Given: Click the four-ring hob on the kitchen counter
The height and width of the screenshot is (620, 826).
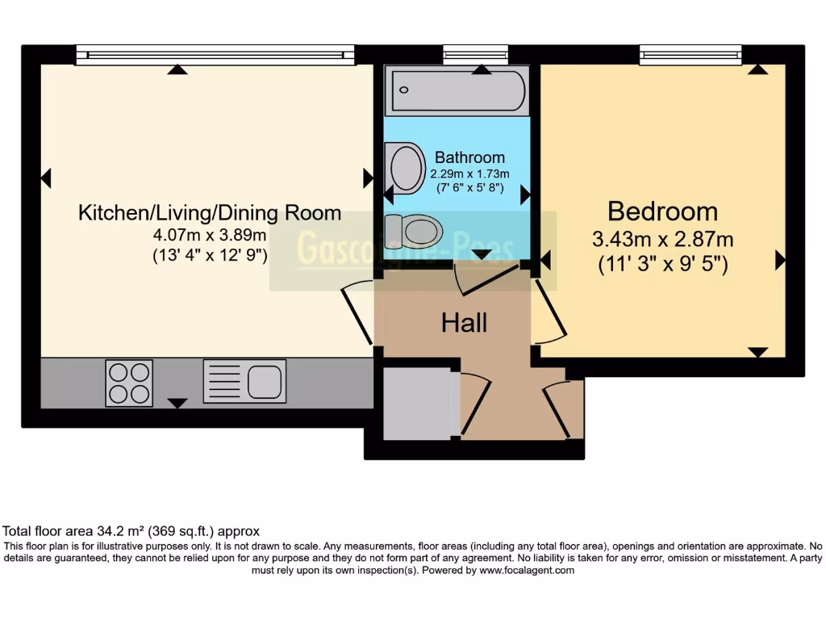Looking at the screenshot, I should pyautogui.click(x=129, y=383).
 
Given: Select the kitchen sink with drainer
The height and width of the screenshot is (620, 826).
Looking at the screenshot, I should pyautogui.click(x=244, y=382).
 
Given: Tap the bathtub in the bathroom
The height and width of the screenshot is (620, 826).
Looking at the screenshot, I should pyautogui.click(x=457, y=91).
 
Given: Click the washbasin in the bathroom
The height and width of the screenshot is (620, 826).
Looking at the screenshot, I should pyautogui.click(x=406, y=166).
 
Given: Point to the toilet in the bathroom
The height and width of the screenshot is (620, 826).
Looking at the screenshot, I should pyautogui.click(x=415, y=231).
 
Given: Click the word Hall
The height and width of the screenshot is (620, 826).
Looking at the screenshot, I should pyautogui.click(x=464, y=323).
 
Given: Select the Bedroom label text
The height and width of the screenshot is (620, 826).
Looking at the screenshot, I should pyautogui.click(x=662, y=212).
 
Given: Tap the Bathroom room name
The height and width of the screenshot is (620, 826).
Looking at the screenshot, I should pyautogui.click(x=469, y=157).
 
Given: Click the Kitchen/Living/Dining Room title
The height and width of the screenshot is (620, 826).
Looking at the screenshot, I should pyautogui.click(x=210, y=214).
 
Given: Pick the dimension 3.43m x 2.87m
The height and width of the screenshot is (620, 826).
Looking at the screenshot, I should pyautogui.click(x=662, y=240).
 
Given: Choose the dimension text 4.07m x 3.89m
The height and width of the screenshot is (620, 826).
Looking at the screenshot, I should pyautogui.click(x=210, y=236).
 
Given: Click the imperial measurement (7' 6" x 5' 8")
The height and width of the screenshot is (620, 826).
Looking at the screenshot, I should pyautogui.click(x=469, y=188).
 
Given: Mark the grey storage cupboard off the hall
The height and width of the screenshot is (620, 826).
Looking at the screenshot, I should pyautogui.click(x=416, y=403).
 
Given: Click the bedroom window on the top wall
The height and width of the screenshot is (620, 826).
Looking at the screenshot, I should pyautogui.click(x=690, y=55).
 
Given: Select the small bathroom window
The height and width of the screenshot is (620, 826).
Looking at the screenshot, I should pyautogui.click(x=475, y=55).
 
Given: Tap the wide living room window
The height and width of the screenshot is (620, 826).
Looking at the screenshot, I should pyautogui.click(x=215, y=55).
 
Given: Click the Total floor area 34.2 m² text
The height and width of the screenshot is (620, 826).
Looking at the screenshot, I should pyautogui.click(x=131, y=531).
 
